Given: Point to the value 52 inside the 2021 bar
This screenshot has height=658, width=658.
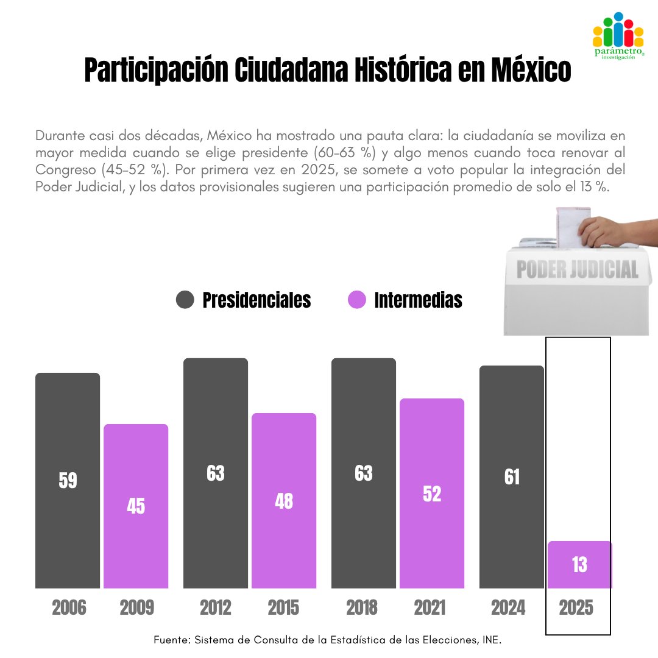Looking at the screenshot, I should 431,494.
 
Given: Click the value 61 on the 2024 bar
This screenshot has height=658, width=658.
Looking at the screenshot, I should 512,478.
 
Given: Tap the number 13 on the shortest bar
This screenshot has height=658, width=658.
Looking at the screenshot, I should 579,565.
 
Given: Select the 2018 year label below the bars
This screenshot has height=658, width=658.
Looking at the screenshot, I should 364,607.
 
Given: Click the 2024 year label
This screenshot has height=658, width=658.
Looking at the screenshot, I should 508,607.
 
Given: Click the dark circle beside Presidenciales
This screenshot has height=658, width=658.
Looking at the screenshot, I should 185,300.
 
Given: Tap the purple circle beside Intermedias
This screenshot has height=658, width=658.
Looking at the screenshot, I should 356,300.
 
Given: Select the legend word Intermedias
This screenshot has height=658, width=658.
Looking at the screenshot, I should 418,300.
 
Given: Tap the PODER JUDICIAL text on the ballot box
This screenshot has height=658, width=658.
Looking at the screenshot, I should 577,269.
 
